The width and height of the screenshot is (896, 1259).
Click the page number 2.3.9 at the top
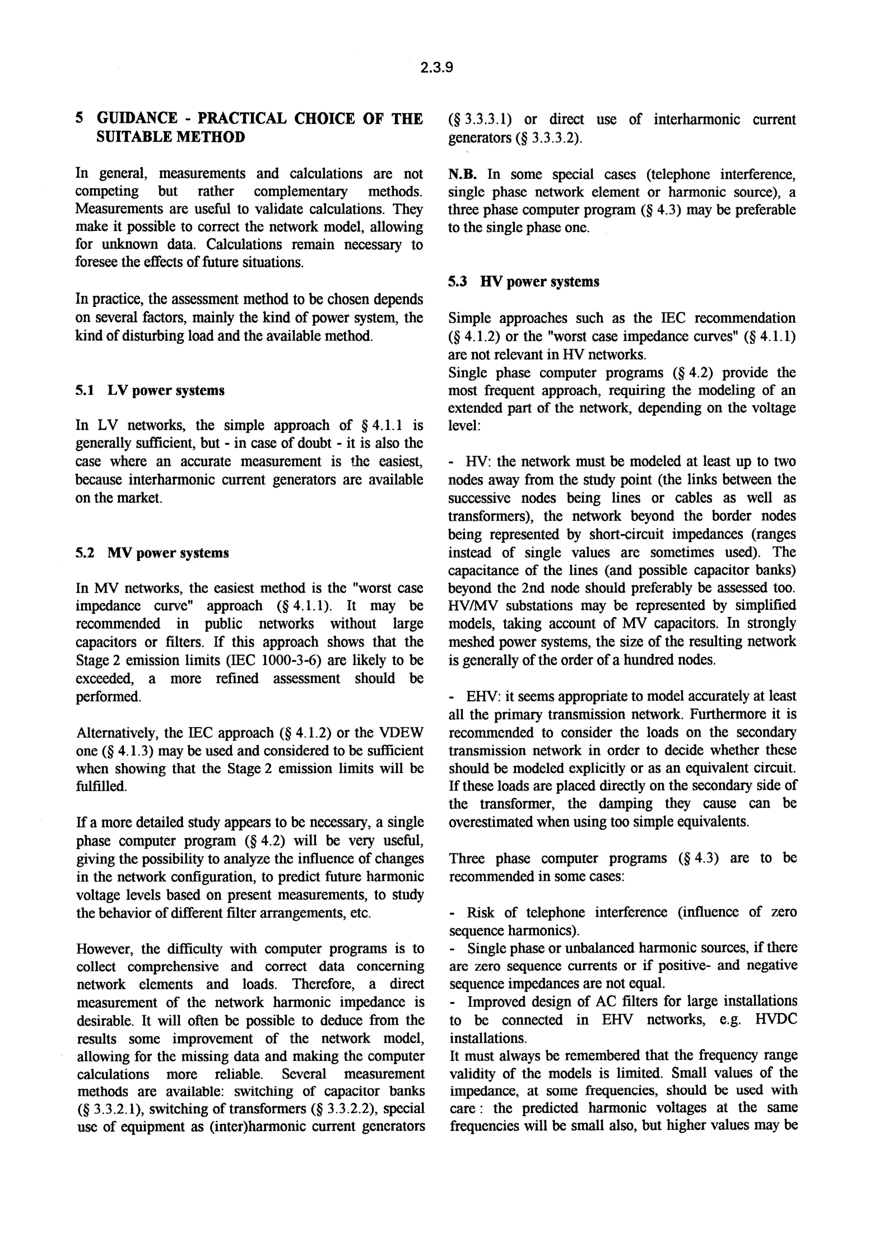point(436,67)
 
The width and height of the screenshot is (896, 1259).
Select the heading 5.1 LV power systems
point(150,391)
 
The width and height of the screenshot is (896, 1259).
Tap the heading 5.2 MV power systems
point(152,553)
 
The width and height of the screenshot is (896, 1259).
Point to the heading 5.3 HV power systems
point(524,282)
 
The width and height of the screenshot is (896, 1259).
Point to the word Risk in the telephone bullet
point(480,912)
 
